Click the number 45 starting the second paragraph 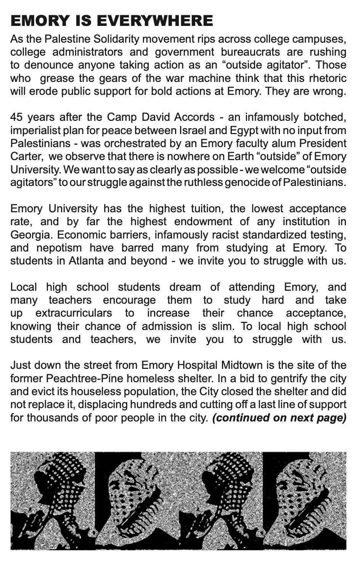[17, 117]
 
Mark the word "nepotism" [59, 248]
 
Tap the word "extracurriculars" [74, 313]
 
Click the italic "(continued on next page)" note [279, 418]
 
